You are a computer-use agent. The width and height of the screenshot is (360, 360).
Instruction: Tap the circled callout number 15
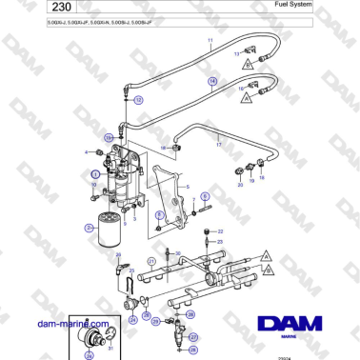109,139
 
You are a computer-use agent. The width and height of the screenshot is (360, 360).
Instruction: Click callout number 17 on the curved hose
218,145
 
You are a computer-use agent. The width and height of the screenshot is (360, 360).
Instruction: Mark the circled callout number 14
212,83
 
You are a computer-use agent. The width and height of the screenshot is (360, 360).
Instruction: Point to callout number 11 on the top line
210,40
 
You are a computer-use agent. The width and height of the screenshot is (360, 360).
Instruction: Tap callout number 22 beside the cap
220,231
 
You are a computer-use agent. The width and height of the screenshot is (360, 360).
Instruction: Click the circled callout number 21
150,260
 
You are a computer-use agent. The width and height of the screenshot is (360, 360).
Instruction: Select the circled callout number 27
192,336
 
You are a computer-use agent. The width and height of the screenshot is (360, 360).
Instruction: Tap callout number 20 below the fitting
240,185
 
